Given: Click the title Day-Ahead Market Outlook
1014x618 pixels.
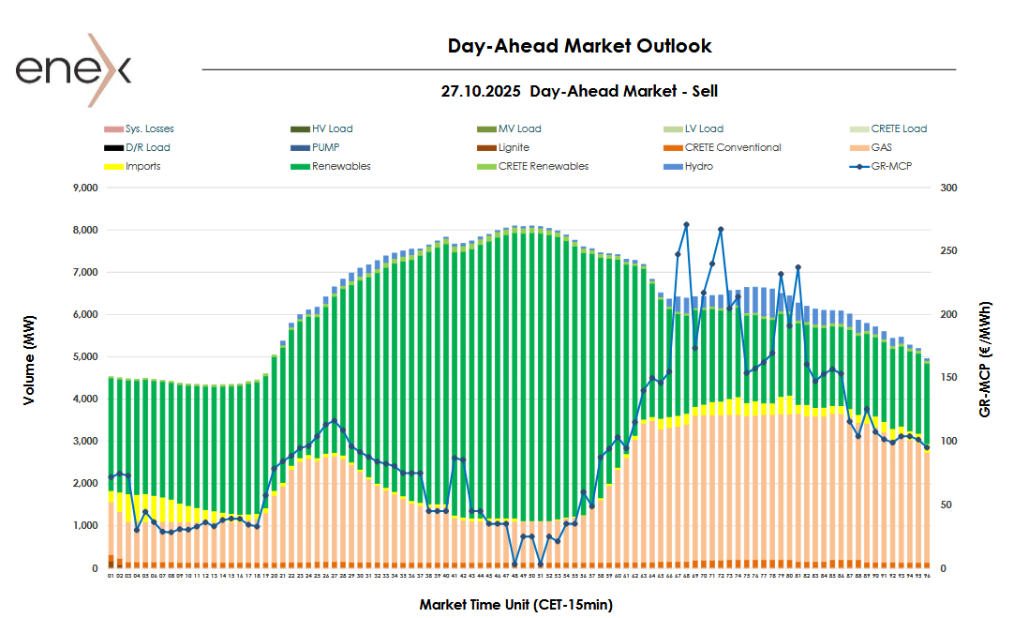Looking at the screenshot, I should click(x=579, y=45).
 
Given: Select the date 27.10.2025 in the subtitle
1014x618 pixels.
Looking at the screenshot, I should click(x=481, y=91).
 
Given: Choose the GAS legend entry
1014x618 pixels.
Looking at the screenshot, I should click(x=881, y=147).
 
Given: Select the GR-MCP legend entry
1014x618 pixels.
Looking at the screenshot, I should click(x=891, y=166).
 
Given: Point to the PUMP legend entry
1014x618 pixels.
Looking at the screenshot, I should click(x=326, y=147).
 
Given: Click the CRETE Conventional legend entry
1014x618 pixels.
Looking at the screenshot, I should click(x=732, y=147).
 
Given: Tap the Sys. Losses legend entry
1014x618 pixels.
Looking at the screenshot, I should click(x=149, y=128).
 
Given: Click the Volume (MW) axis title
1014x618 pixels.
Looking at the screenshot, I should click(x=30, y=378).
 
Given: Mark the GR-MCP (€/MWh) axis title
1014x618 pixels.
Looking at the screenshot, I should click(x=987, y=359).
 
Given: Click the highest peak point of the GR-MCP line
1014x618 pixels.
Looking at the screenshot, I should click(x=686, y=224).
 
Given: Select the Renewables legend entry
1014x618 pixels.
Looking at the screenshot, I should click(x=341, y=166).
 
